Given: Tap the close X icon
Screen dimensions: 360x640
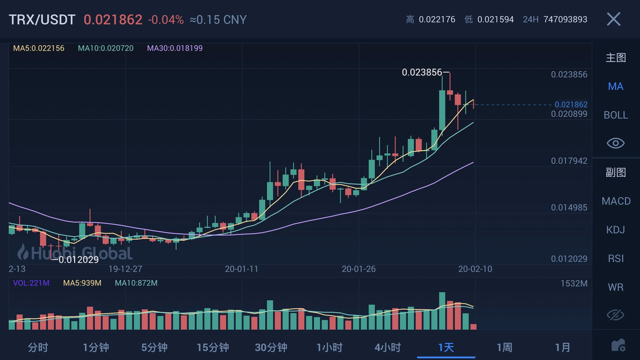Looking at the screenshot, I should [613, 19].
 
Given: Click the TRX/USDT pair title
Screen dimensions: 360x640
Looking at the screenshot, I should [42, 20].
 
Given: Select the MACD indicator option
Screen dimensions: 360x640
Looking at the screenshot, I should [616, 201].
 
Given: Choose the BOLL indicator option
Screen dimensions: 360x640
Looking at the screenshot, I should [616, 115].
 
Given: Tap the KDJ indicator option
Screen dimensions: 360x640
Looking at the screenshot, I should [615, 230].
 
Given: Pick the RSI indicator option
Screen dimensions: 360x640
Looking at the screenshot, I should [615, 258].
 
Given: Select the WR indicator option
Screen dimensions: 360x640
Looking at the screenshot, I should [615, 287].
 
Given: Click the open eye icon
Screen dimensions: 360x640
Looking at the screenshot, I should [615, 143].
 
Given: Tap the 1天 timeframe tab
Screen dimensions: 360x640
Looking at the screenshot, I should [446, 347].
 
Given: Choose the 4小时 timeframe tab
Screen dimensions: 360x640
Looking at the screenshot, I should [387, 347].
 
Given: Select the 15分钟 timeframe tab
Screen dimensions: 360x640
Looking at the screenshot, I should [213, 347].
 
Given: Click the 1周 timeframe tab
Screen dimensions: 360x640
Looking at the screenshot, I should [504, 347].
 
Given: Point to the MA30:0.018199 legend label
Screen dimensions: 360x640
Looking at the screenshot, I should [175, 48].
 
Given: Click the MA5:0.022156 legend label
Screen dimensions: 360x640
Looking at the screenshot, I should [39, 48].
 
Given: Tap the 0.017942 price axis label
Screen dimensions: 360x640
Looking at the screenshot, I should [569, 161].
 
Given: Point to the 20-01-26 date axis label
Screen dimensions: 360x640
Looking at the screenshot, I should [358, 269].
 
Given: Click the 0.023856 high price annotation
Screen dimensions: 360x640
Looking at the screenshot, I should [422, 72].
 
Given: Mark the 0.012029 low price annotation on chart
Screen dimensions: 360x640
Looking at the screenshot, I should [78, 260].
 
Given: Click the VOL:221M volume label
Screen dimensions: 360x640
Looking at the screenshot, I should [31, 283].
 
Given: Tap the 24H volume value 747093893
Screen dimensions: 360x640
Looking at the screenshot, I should [565, 19].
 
